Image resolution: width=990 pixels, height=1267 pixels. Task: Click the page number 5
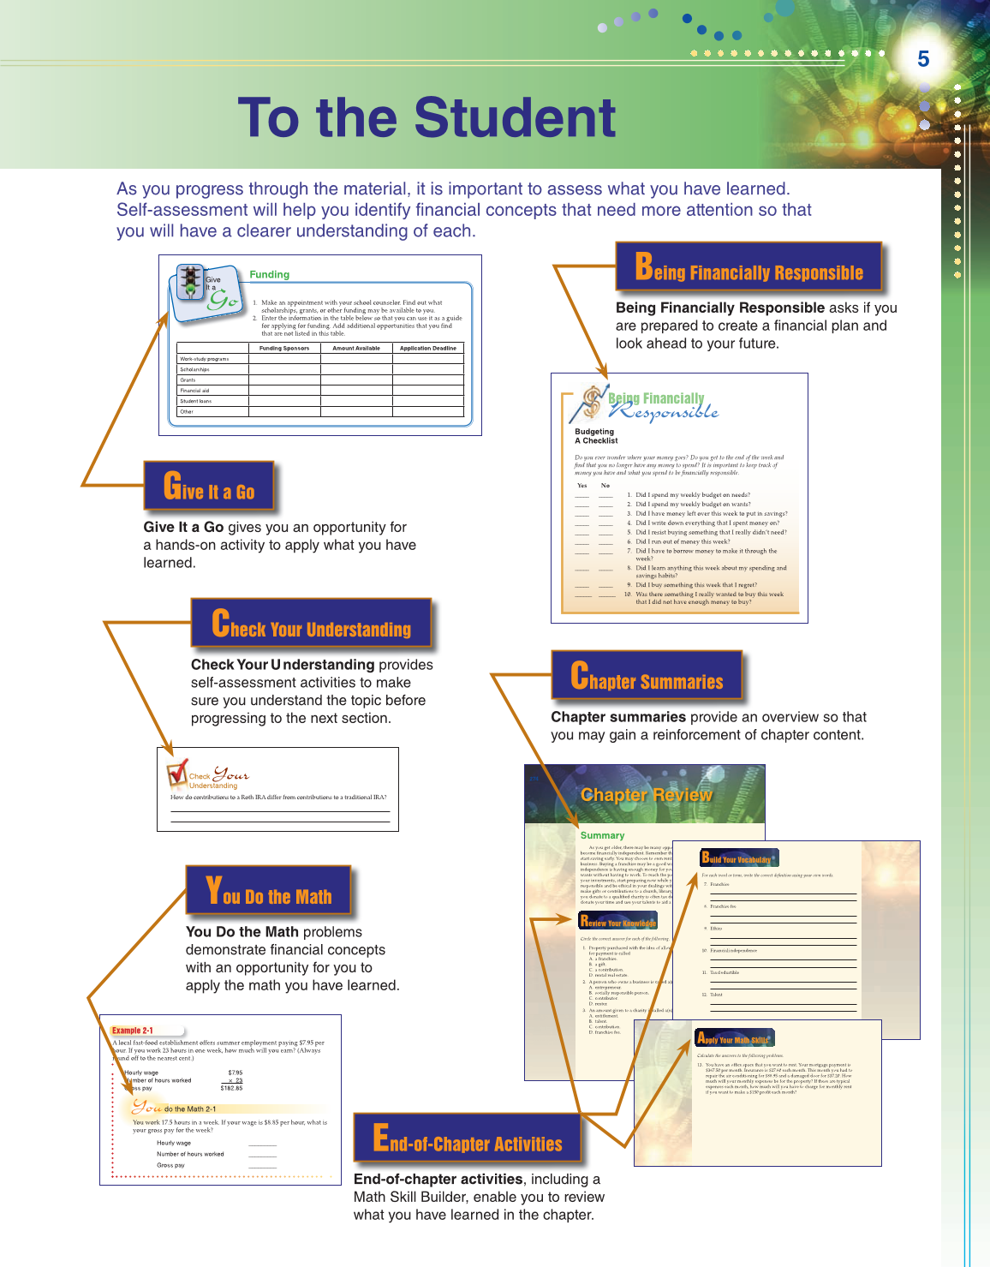[x=923, y=59]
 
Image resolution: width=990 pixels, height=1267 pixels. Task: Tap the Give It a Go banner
[x=209, y=487]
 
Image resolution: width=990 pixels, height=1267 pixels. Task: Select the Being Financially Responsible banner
[x=748, y=267]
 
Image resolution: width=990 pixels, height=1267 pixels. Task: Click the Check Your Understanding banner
[x=311, y=624]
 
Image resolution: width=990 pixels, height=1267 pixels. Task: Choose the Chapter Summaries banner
[x=647, y=676]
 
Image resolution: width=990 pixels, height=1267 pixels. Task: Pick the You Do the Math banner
[x=268, y=891]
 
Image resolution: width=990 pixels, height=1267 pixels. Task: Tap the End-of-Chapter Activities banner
[x=468, y=1139]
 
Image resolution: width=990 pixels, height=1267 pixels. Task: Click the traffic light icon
[x=190, y=282]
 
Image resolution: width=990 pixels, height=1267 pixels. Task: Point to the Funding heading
[x=269, y=275]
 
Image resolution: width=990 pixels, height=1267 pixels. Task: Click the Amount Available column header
[x=356, y=349]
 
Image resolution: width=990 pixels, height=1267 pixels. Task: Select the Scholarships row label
[x=194, y=370]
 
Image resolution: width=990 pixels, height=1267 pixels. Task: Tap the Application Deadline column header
[x=427, y=349]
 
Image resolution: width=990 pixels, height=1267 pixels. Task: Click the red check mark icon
[x=177, y=772]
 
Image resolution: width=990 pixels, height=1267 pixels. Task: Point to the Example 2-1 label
[x=132, y=1031]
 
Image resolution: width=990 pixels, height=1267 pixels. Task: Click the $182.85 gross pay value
[x=231, y=1088]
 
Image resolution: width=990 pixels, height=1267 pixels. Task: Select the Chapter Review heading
[x=646, y=795]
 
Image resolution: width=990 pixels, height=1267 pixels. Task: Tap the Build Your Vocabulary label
[x=737, y=858]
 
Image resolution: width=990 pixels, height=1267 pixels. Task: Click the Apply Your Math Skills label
[x=734, y=1039]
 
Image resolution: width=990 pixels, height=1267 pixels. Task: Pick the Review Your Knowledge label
[x=617, y=922]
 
